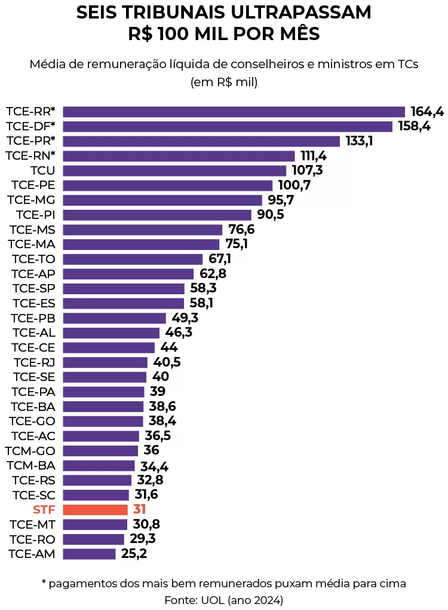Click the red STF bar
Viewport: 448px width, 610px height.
[x=95, y=510]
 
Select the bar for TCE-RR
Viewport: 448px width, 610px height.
[x=234, y=112]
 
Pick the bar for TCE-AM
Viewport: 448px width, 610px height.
[x=89, y=554]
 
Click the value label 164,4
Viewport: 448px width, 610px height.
[x=427, y=112]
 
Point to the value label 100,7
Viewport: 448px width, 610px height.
[x=294, y=185]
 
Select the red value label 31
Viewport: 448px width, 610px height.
[x=139, y=510]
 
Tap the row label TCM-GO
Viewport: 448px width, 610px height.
[x=30, y=450]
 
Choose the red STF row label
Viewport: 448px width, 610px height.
[x=44, y=510]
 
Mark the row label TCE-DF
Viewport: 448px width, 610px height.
[x=30, y=126]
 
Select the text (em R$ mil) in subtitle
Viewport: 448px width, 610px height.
[x=224, y=83]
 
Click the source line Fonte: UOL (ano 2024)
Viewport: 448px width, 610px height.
[x=224, y=599]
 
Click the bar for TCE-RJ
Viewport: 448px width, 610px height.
[x=105, y=362]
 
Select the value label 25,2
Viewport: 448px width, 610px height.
[x=134, y=554]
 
